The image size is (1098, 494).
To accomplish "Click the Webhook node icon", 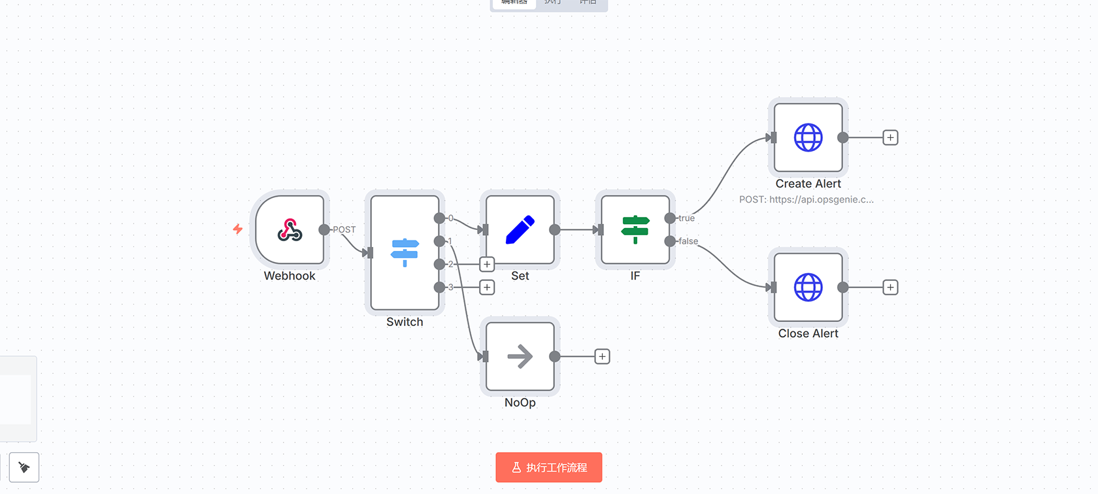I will pos(290,230).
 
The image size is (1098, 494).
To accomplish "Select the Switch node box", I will pos(405,252).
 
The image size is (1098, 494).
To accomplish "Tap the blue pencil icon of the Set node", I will pos(520,230).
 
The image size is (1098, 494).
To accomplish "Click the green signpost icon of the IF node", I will pos(635,230).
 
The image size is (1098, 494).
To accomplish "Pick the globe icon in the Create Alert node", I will pos(808,138).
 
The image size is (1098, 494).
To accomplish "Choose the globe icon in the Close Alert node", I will pos(808,288).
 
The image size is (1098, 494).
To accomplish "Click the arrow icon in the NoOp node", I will pos(520,357).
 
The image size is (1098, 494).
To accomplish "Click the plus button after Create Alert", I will pos(890,138).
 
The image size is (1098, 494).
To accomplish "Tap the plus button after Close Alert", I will pos(890,288).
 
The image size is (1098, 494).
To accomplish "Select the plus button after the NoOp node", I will pos(602,357).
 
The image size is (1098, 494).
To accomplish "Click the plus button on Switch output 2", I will pos(487,264).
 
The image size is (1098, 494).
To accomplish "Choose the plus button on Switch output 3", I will pos(487,288).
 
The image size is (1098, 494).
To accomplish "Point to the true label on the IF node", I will pos(686,218).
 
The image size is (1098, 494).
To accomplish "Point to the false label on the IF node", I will pos(688,241).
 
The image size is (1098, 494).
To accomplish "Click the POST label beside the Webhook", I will pos(344,229).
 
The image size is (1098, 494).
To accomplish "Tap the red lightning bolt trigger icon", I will pos(238,229).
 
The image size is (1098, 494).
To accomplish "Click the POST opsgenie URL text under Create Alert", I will pos(806,199).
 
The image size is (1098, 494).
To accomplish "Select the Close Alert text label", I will pos(808,334).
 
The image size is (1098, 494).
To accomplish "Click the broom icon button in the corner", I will pos(24,467).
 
